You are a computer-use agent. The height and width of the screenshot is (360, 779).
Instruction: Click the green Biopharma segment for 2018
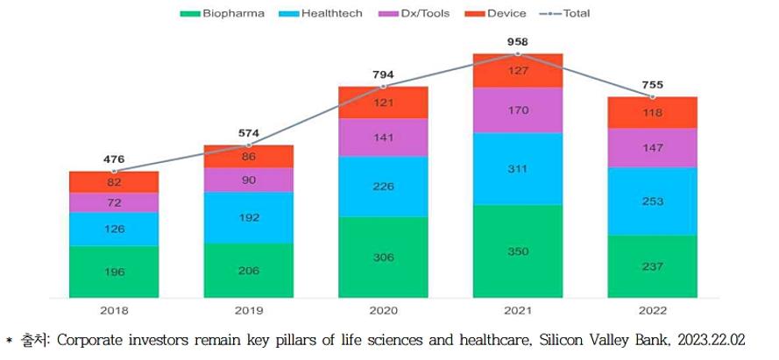[114, 272]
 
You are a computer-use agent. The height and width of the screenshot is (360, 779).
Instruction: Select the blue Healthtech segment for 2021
[518, 168]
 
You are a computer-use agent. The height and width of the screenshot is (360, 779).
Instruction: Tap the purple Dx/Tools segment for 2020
[384, 138]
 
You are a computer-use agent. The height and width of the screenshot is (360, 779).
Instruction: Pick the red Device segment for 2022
[652, 112]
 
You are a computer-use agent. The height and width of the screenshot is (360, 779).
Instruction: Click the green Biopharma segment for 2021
[518, 251]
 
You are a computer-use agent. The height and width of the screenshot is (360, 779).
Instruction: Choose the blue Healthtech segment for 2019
[249, 217]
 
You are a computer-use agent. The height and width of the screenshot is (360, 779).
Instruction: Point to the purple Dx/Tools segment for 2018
[114, 202]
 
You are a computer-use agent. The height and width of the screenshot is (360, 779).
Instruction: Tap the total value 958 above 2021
[518, 41]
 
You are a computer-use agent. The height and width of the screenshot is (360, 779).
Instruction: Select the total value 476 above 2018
[114, 159]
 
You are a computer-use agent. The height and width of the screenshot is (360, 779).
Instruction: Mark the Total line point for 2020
[384, 86]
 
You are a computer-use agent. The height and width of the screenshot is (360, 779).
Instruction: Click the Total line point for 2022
[652, 96]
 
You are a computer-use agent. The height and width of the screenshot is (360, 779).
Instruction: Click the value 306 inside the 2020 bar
[384, 258]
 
